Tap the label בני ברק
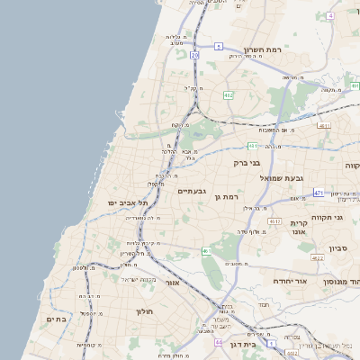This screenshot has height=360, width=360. (x=246, y=163)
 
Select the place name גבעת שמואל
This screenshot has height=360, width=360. (x=285, y=178)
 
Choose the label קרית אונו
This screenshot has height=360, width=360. (x=300, y=227)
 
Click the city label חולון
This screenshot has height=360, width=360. (x=146, y=311)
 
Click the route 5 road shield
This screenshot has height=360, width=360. (x=218, y=45)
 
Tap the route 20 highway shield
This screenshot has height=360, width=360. (x=194, y=55)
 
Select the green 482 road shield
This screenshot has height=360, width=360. (x=229, y=94)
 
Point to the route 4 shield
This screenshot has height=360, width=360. (x=331, y=16)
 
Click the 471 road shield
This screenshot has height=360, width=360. (x=319, y=193)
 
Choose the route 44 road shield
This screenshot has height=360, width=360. (x=218, y=343)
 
